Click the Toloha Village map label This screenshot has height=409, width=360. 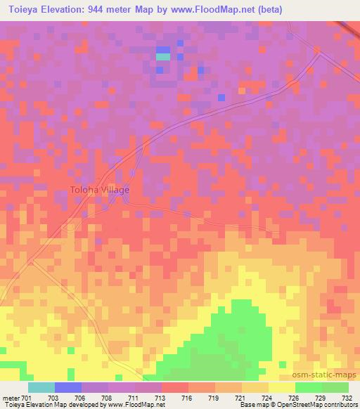click(99, 190)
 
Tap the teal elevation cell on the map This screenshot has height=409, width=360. click(162, 56)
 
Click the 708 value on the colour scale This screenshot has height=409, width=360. click(106, 397)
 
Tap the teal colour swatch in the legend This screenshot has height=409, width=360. click(41, 387)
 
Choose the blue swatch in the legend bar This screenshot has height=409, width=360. click(68, 387)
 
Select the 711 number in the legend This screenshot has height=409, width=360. click(132, 397)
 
